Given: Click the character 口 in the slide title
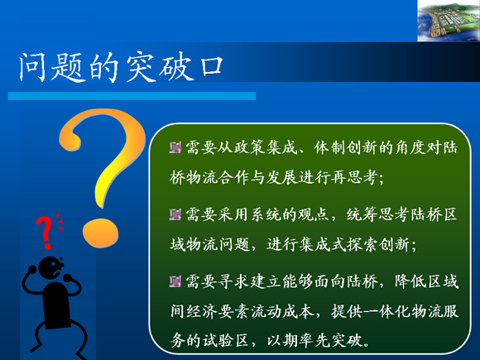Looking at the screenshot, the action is pyautogui.click(x=212, y=66).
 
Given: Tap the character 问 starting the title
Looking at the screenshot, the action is pyautogui.click(x=33, y=66).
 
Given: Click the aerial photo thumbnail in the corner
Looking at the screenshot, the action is pyautogui.click(x=449, y=21).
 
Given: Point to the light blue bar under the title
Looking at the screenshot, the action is pyautogui.click(x=132, y=96).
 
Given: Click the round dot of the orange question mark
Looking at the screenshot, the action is pyautogui.click(x=100, y=233).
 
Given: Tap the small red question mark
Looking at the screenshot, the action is pyautogui.click(x=45, y=233).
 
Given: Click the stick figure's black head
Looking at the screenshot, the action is pyautogui.click(x=50, y=267).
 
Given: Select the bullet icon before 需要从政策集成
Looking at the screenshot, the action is pyautogui.click(x=175, y=147).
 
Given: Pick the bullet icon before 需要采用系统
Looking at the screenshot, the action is pyautogui.click(x=175, y=214).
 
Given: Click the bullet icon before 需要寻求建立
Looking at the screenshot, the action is pyautogui.click(x=175, y=281).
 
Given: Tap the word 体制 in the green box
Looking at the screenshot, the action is pyautogui.click(x=329, y=147).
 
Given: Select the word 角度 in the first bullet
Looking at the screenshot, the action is pyautogui.click(x=410, y=147).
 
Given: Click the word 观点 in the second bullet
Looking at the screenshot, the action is pyautogui.click(x=314, y=214).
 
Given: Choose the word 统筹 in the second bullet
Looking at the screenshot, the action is pyautogui.click(x=362, y=214).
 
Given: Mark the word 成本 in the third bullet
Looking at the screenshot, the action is pyautogui.click(x=298, y=311).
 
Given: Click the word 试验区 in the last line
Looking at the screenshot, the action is pyautogui.click(x=226, y=340).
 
